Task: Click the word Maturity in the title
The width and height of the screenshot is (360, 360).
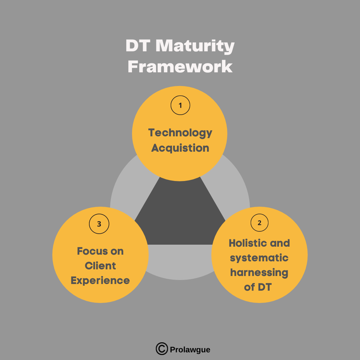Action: pyautogui.click(x=195, y=46)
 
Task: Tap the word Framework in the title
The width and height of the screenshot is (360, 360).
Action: pyautogui.click(x=180, y=67)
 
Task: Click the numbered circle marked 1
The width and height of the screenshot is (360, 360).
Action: pyautogui.click(x=180, y=105)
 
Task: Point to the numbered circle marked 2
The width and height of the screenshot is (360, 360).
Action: pyautogui.click(x=259, y=223)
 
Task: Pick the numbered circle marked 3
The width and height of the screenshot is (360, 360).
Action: pyautogui.click(x=99, y=224)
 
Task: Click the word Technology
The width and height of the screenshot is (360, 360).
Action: pyautogui.click(x=180, y=133)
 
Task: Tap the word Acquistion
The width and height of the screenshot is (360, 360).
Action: pyautogui.click(x=180, y=148)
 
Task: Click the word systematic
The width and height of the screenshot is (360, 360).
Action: pyautogui.click(x=259, y=258)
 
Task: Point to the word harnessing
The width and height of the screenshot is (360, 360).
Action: pyautogui.click(x=259, y=273)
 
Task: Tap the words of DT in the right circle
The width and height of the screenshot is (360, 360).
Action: pyautogui.click(x=258, y=287)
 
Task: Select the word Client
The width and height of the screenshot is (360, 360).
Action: pyautogui.click(x=100, y=266)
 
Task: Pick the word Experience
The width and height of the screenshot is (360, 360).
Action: pyautogui.click(x=100, y=281)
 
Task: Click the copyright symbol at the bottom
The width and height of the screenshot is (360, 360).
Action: pyautogui.click(x=162, y=349)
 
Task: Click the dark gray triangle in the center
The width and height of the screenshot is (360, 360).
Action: pyautogui.click(x=180, y=218)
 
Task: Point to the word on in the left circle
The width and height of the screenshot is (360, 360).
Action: pyautogui.click(x=117, y=252)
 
